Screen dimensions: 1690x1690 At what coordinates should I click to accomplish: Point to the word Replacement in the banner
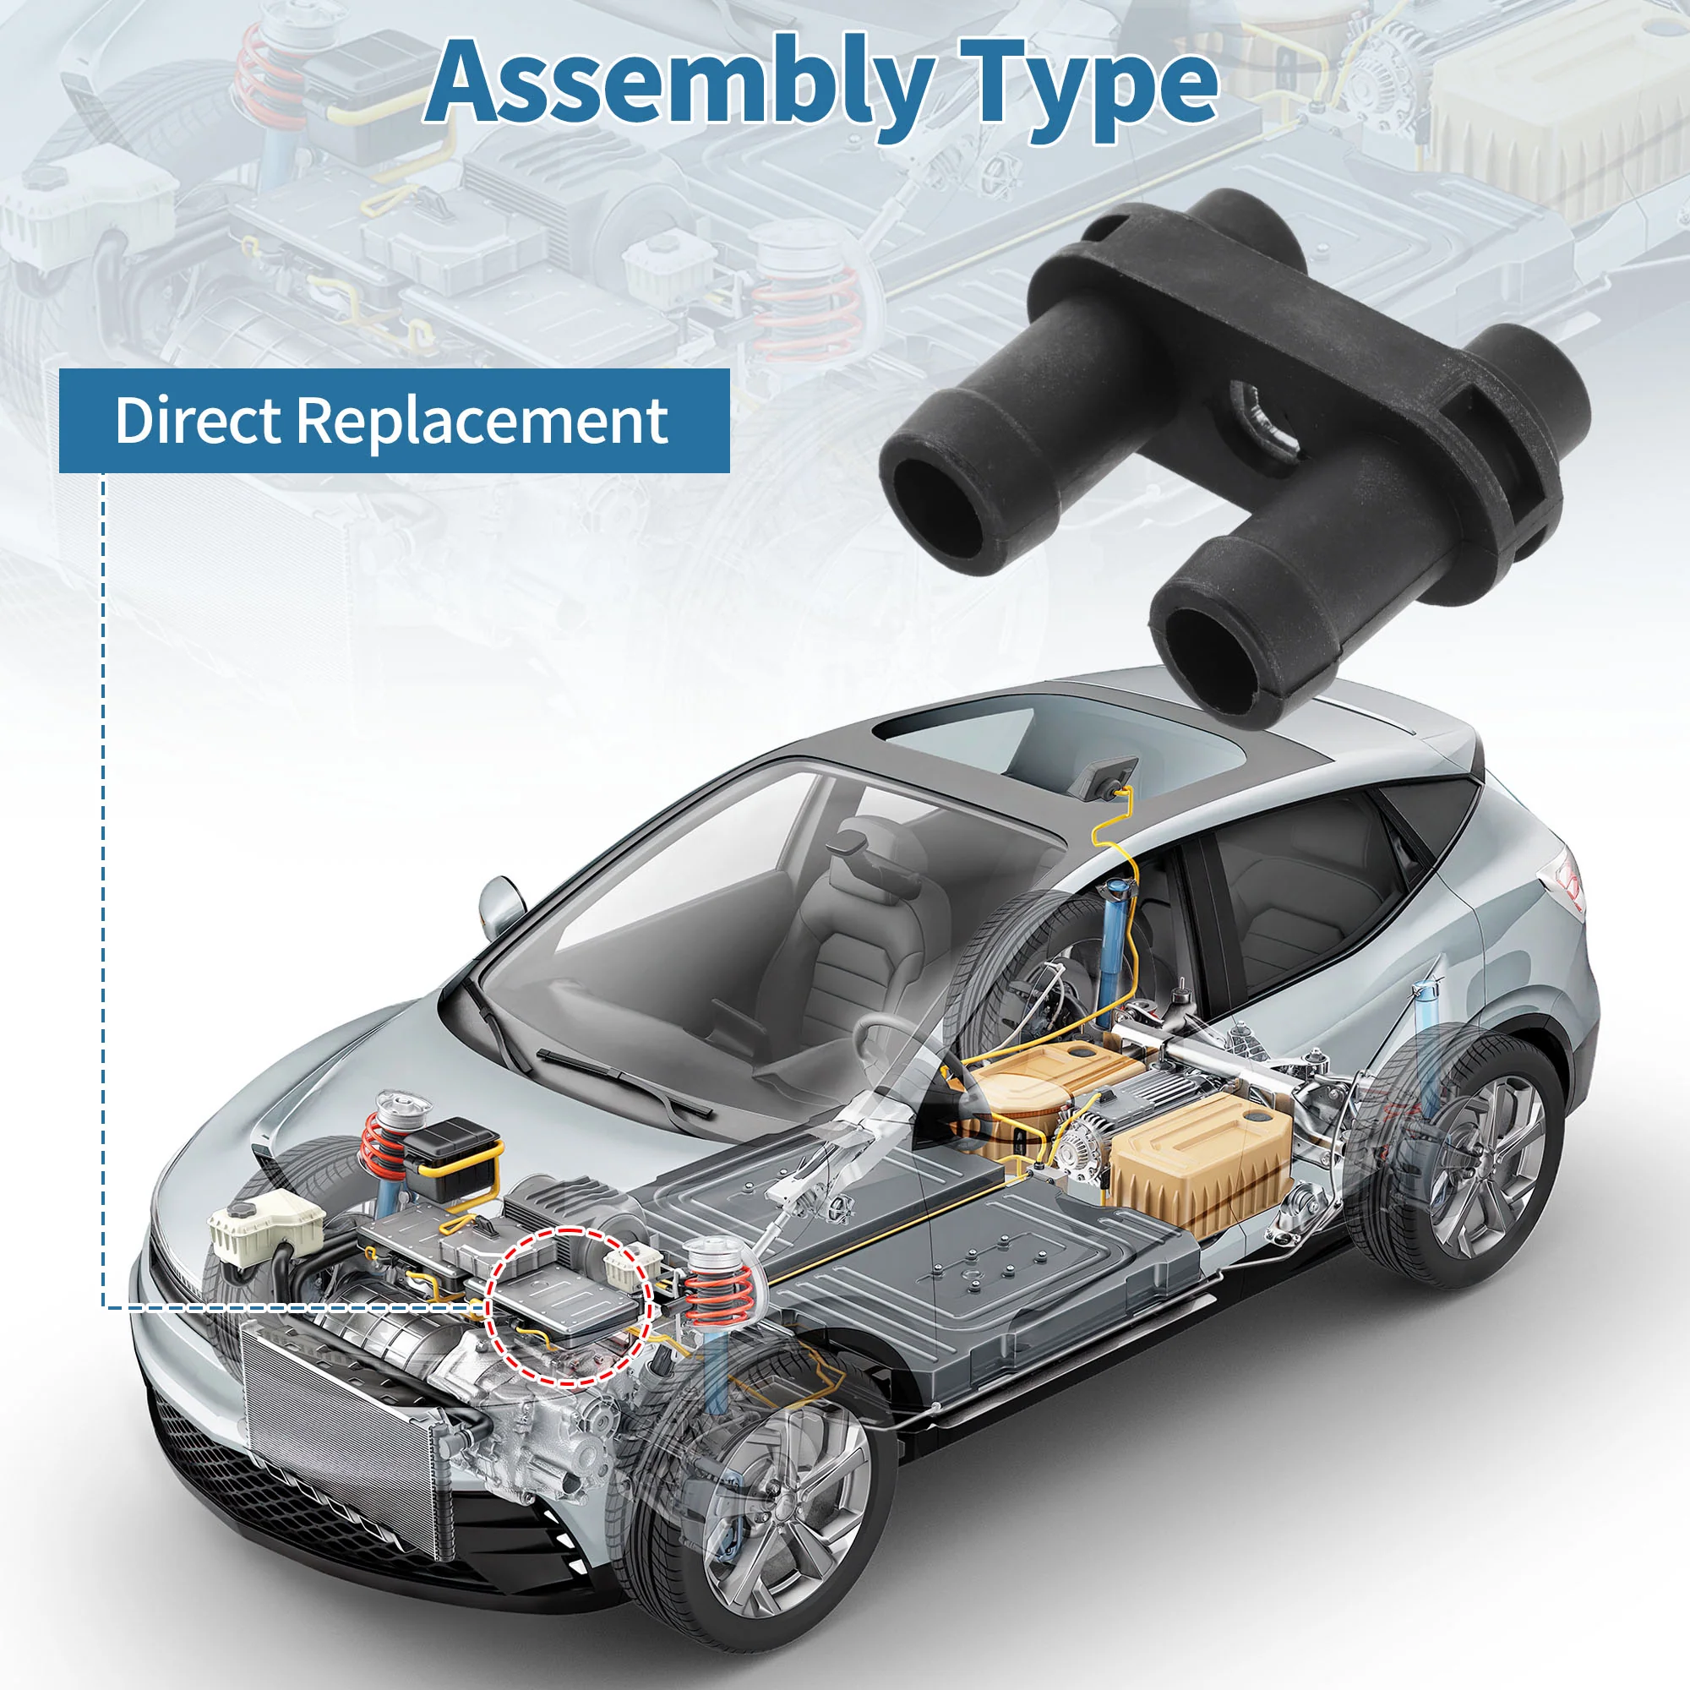(482, 422)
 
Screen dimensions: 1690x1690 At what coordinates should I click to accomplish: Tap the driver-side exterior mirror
(500, 905)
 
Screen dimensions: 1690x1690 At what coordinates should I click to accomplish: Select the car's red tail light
(1571, 883)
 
